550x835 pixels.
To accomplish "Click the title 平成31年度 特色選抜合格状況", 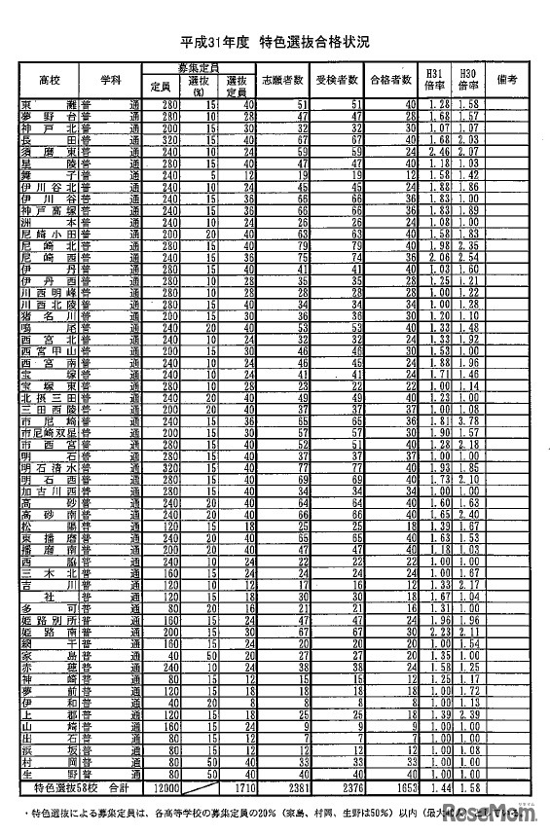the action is point(275,44).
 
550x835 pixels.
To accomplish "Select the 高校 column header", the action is point(49,78).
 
